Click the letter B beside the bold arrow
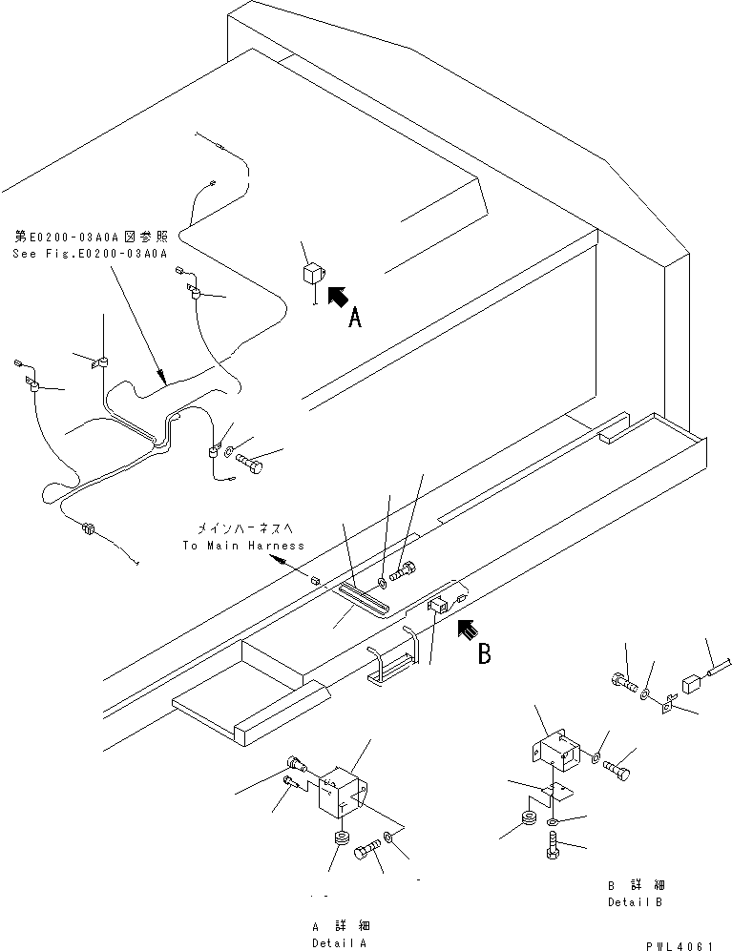[x=485, y=654]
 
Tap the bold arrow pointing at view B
[x=467, y=629]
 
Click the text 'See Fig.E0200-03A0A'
[x=90, y=254]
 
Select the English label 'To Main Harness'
[x=242, y=546]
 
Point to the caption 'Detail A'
[x=340, y=942]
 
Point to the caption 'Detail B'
[x=634, y=901]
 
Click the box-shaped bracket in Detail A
[x=342, y=791]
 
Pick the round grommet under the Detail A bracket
[x=341, y=838]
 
